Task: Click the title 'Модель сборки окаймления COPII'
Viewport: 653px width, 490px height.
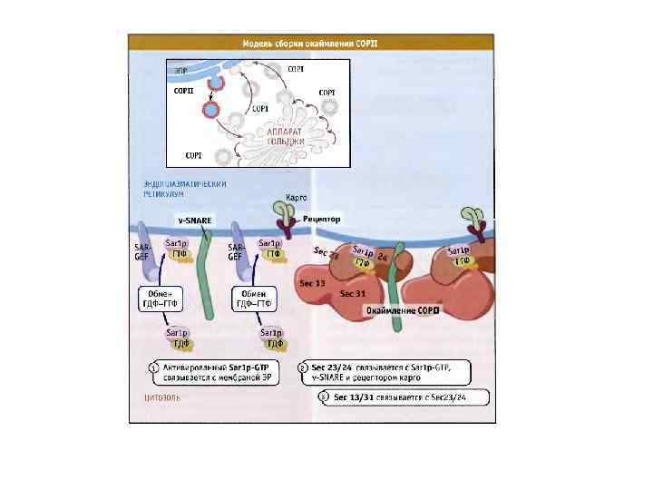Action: [x=311, y=43]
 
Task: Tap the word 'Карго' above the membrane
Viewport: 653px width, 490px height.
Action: [x=296, y=197]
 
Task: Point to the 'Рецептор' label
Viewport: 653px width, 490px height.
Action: [x=321, y=220]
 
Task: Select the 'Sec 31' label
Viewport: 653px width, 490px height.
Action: [x=353, y=294]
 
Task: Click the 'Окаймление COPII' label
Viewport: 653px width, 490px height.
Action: [x=402, y=310]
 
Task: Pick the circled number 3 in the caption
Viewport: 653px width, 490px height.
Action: [x=325, y=397]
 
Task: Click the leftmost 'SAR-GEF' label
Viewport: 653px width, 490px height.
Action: [x=142, y=251]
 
